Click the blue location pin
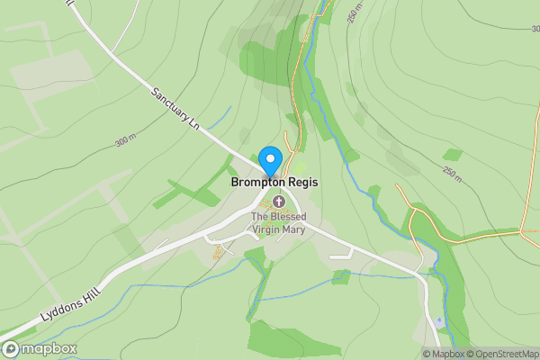[x=269, y=161]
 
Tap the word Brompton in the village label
[x=256, y=182]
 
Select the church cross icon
[x=279, y=201]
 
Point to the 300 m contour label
[x=125, y=141]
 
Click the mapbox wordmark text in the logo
[x=49, y=349]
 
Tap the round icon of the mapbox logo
[x=11, y=349]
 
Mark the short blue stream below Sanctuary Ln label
[x=223, y=117]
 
